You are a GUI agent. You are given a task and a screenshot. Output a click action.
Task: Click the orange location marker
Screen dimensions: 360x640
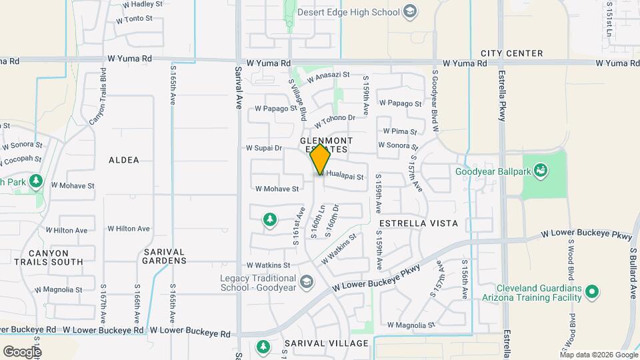[320, 159]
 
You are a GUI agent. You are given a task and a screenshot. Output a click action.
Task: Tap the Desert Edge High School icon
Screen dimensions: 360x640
[411, 12]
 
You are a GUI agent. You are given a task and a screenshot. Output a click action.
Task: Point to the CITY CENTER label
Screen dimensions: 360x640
[511, 53]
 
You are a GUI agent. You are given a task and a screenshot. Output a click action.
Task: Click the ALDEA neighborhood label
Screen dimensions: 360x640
[124, 160]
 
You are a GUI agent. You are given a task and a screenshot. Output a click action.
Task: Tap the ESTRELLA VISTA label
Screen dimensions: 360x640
[418, 223]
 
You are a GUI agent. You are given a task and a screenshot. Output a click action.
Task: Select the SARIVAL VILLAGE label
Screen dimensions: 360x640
[326, 343]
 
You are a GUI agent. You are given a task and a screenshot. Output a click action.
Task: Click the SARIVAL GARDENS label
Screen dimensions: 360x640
[164, 256]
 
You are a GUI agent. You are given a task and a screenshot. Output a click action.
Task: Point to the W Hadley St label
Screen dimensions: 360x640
[143, 4]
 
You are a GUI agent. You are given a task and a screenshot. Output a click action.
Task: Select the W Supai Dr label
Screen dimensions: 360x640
[264, 148]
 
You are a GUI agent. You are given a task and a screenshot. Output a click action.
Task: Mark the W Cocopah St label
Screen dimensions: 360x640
[22, 161]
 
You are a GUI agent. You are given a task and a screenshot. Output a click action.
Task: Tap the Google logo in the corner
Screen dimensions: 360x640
[22, 351]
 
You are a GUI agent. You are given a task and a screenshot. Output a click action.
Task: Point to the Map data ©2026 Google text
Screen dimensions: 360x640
[599, 354]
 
